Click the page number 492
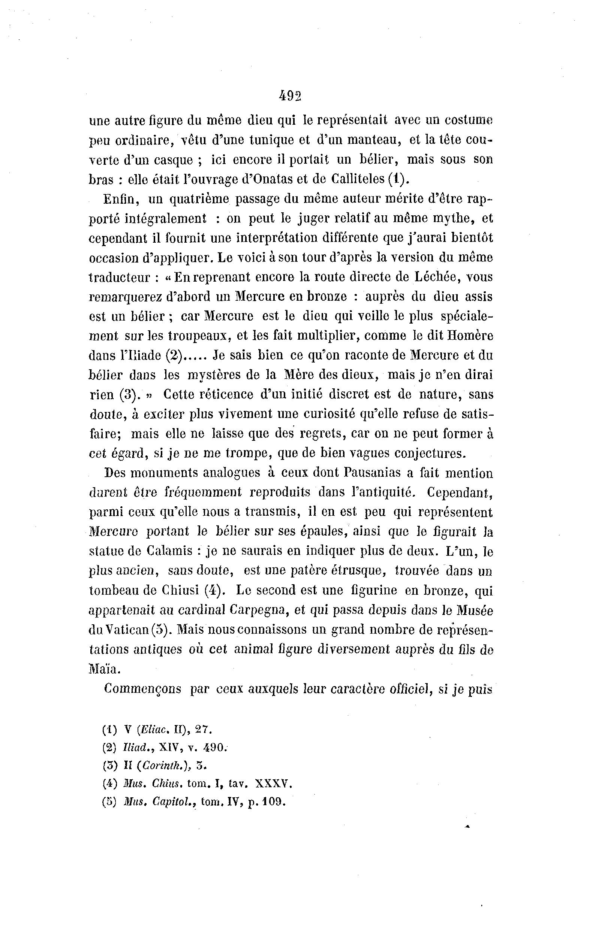[x=290, y=96]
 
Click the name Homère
[x=470, y=336]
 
